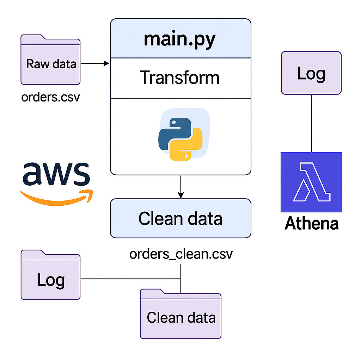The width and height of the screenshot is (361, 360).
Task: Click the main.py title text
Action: (x=179, y=39)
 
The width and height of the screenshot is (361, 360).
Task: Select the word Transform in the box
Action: (x=180, y=77)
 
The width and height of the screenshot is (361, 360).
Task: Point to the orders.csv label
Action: (x=50, y=97)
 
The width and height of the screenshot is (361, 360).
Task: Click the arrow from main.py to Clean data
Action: (x=180, y=187)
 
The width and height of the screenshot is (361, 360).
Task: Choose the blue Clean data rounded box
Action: (x=180, y=218)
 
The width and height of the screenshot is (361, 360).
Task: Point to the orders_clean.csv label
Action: (x=181, y=254)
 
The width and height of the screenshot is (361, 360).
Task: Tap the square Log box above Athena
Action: (x=311, y=73)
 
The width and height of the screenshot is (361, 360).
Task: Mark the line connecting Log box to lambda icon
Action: (x=311, y=123)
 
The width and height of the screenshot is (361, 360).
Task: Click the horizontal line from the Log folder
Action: (x=130, y=279)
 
